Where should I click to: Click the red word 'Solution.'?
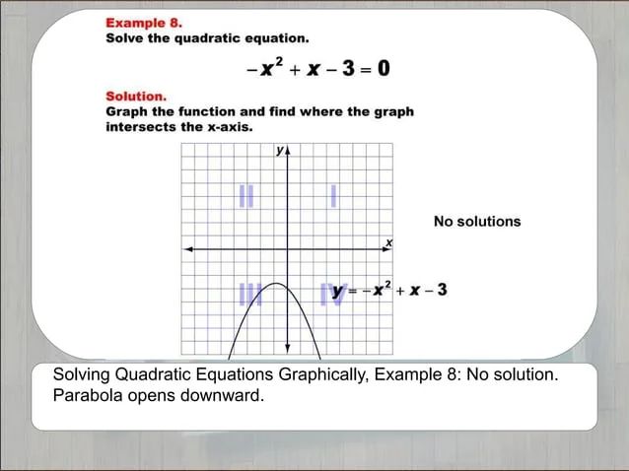(136, 97)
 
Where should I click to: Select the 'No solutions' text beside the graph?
(477, 222)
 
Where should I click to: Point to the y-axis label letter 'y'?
(279, 151)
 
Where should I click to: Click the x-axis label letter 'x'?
(388, 241)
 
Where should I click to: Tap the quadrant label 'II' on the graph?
(245, 197)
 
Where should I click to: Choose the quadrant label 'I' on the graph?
(334, 197)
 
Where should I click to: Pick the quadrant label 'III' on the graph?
(249, 293)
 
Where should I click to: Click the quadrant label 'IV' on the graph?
(331, 293)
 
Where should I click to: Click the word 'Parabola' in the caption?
(88, 396)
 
